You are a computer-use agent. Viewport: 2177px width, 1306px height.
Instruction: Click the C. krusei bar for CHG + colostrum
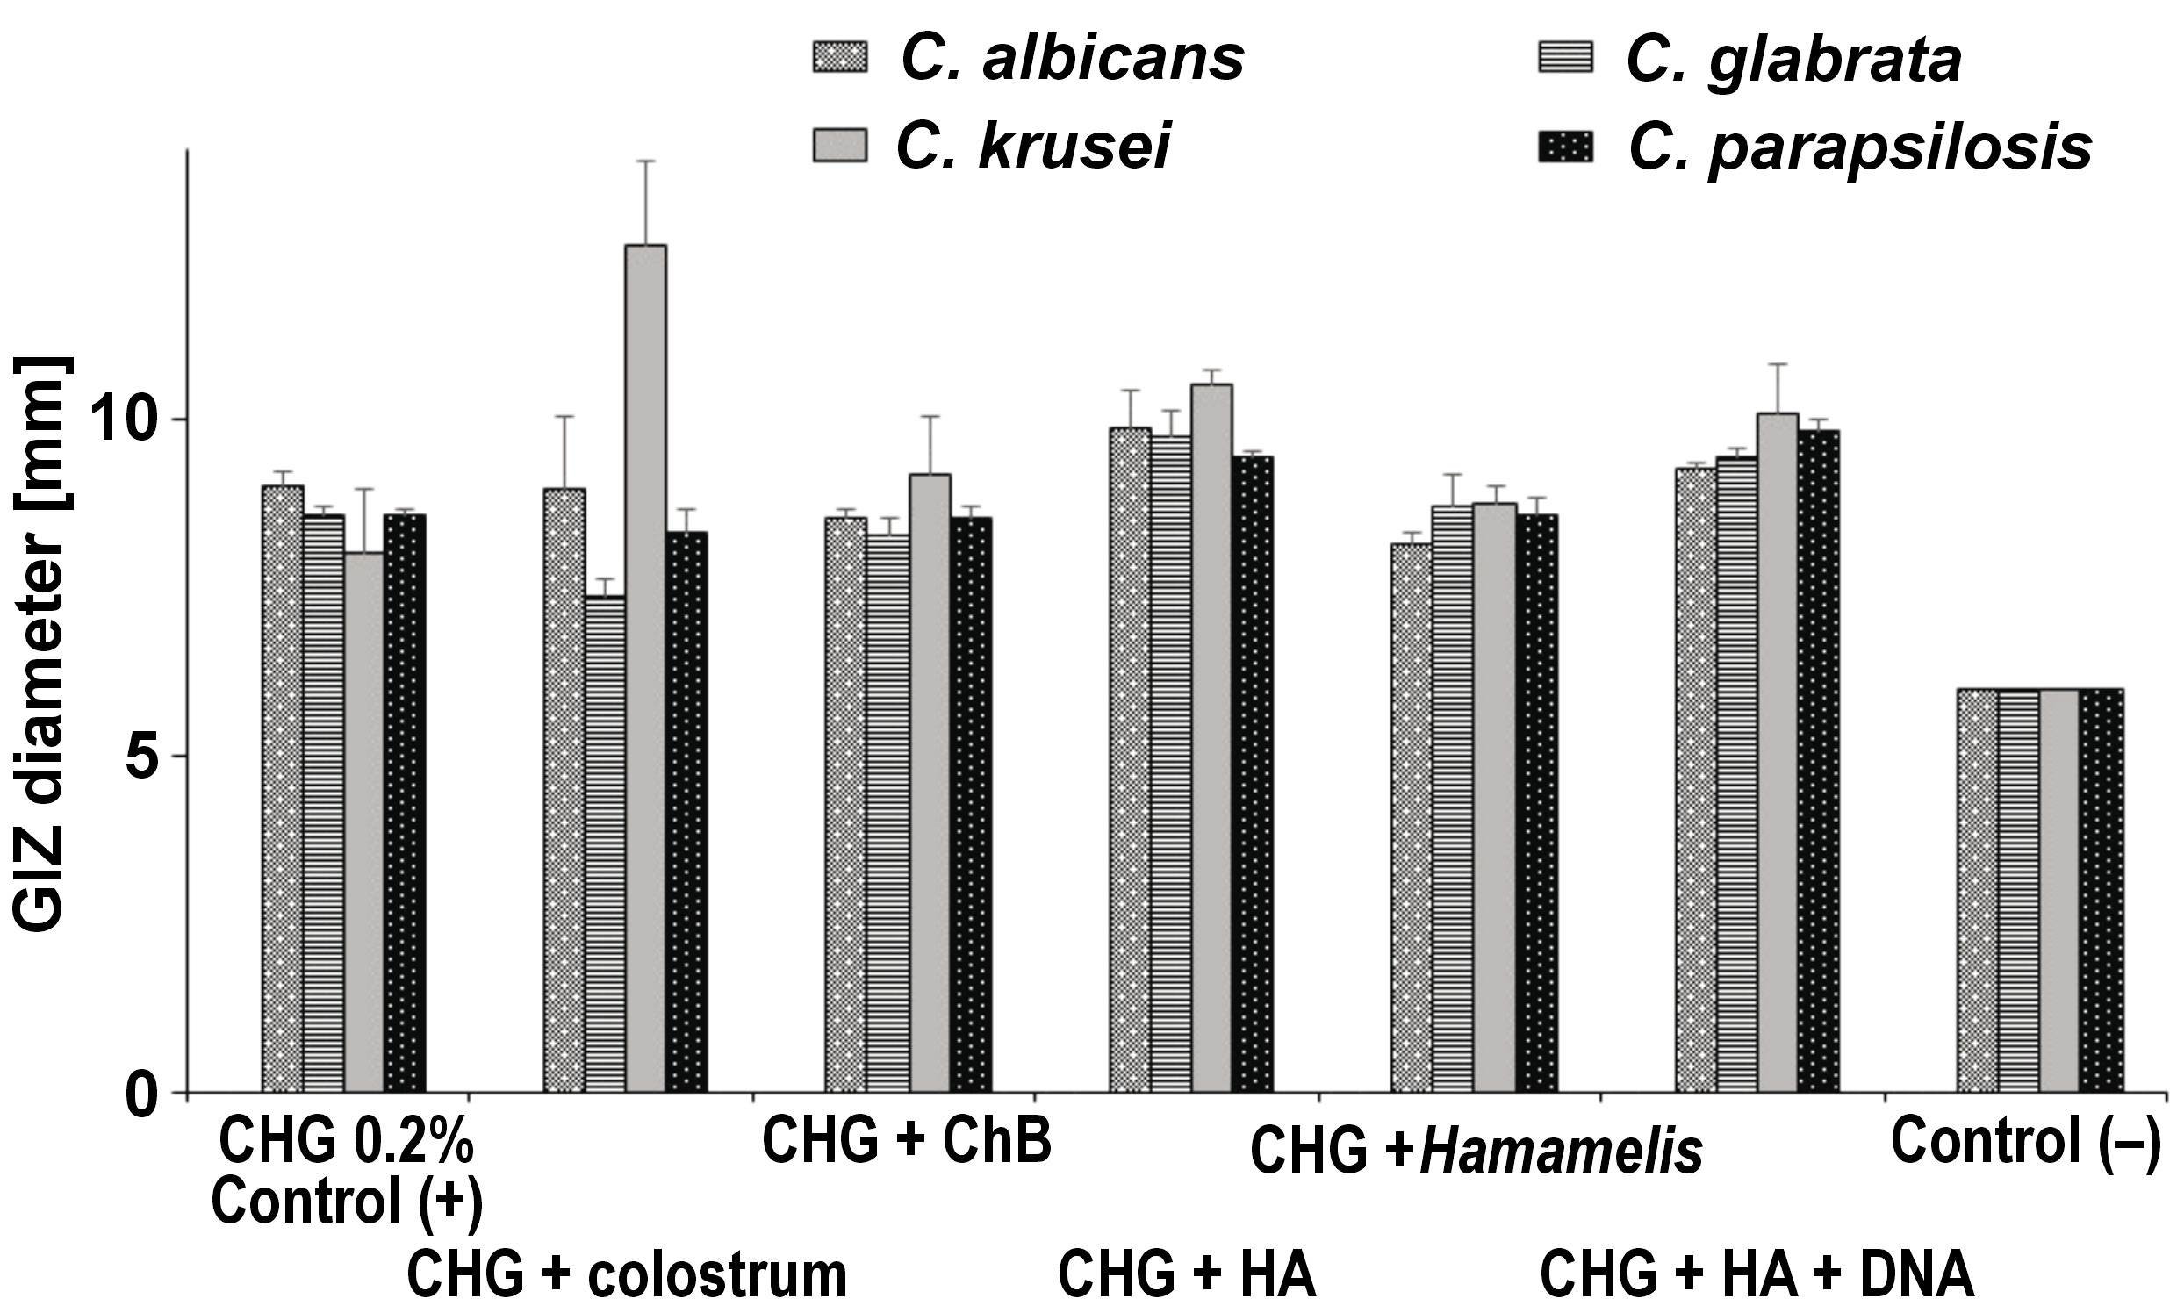tap(645, 669)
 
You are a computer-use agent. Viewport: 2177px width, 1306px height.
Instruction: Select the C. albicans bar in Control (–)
tap(1976, 890)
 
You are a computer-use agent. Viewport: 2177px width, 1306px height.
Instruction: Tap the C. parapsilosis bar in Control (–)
tap(2102, 890)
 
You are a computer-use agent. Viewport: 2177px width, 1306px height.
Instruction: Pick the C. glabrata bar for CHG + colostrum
tap(605, 844)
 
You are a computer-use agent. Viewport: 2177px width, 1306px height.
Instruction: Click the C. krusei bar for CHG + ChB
tap(930, 783)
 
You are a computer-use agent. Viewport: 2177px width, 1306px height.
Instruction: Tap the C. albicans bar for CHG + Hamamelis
tap(1411, 818)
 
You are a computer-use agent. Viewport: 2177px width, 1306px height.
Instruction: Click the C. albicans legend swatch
tap(839, 58)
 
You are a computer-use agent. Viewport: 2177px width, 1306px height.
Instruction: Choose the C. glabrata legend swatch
tap(1565, 58)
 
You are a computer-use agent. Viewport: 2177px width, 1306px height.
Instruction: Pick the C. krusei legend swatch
tap(839, 145)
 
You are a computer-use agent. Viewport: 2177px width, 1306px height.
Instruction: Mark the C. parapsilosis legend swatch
tap(1565, 145)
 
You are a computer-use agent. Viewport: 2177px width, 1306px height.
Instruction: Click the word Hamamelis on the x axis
tap(1561, 1152)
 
